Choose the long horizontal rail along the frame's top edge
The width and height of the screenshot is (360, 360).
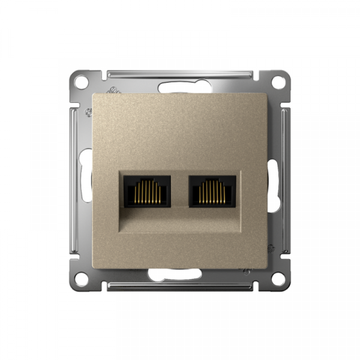point(180,75)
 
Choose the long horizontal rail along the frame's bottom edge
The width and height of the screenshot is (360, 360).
point(180,286)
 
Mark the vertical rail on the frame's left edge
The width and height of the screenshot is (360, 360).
point(74,180)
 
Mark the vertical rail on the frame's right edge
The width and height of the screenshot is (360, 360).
point(286,180)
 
